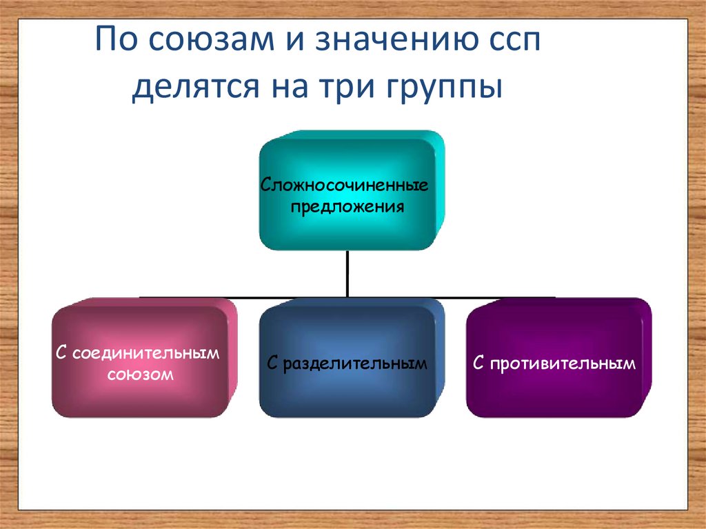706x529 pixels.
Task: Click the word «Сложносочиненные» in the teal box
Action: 345,186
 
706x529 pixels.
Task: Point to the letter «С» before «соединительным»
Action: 61,354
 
